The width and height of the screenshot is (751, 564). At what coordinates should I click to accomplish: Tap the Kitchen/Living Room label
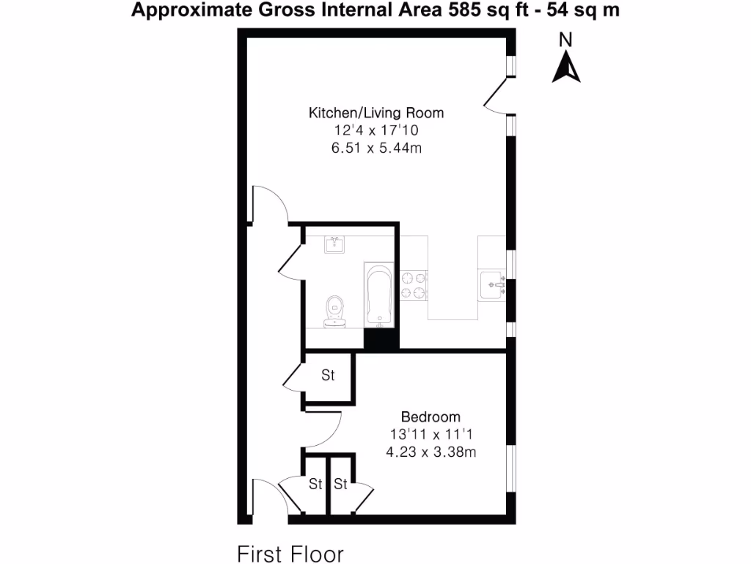point(376,113)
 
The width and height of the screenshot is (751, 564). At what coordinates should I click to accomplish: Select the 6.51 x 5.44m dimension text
point(376,148)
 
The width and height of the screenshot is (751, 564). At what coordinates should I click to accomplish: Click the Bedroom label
point(431,417)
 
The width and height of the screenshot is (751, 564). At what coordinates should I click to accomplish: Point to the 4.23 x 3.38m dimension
point(431,452)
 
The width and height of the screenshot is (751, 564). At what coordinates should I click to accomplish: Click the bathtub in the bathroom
point(379,296)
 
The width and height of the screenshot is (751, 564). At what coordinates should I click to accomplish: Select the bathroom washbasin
point(335,244)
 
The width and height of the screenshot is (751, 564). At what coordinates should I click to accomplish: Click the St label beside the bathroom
point(328,375)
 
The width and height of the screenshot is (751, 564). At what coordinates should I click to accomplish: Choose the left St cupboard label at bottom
point(315,484)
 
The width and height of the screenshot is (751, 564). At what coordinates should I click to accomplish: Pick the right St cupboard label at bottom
point(341,484)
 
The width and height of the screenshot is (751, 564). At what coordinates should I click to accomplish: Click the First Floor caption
point(290,552)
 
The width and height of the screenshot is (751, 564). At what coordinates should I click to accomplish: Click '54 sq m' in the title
point(580,11)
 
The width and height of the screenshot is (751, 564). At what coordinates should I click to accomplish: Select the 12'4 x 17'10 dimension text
point(376,131)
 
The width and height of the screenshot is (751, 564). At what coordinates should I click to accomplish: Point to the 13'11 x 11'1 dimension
point(431,435)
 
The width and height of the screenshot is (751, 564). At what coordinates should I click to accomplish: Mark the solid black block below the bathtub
point(381,339)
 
